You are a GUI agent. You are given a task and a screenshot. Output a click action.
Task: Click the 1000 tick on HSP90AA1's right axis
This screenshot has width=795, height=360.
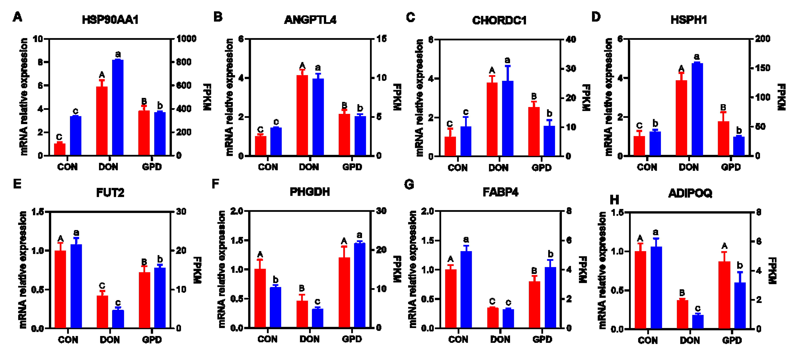pyautogui.click(x=186, y=39)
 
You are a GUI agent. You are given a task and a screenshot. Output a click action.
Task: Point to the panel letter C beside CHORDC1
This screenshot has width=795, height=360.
pyautogui.click(x=410, y=17)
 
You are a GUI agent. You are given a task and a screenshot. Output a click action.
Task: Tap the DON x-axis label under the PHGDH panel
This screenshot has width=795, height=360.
pyautogui.click(x=309, y=339)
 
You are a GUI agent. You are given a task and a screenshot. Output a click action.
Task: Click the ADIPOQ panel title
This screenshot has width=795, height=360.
pyautogui.click(x=690, y=193)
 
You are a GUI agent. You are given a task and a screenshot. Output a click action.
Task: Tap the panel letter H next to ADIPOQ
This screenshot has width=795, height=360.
pyautogui.click(x=614, y=200)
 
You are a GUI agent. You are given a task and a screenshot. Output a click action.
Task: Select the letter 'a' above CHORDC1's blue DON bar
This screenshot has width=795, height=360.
pyautogui.click(x=507, y=60)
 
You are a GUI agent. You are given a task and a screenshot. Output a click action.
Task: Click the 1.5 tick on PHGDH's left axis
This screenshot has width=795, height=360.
pyautogui.click(x=237, y=240)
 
